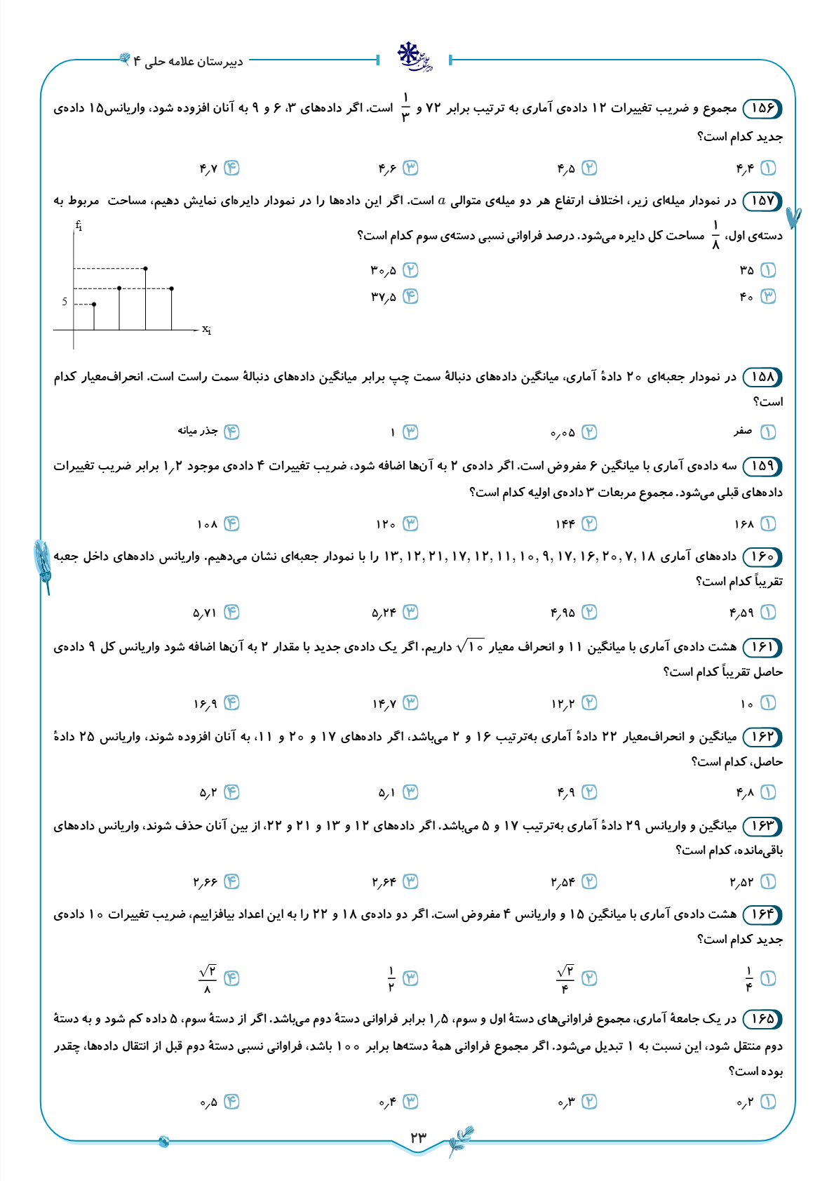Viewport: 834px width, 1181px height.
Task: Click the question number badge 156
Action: coord(762,108)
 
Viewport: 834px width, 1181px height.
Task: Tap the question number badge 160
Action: coord(762,557)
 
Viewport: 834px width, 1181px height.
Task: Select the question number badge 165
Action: coord(762,1019)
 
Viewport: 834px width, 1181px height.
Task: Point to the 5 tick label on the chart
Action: coord(65,302)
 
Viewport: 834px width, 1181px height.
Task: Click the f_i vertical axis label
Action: coord(79,226)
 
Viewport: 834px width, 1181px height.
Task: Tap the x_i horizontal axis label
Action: coord(206,329)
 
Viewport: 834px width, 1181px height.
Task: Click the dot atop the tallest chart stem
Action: coord(145,268)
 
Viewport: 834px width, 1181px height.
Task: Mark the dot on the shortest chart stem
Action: coord(94,304)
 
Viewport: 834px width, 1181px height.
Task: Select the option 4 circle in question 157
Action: coord(410,297)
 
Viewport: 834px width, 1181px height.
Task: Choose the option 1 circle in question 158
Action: coord(768,432)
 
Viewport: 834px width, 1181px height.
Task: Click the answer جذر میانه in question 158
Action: coord(198,431)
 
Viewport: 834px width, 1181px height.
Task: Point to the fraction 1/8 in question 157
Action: coord(715,235)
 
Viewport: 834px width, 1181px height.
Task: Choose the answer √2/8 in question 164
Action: coord(208,978)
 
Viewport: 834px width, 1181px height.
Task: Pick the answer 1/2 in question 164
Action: coord(391,978)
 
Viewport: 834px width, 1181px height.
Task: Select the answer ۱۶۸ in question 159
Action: coord(744,524)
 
